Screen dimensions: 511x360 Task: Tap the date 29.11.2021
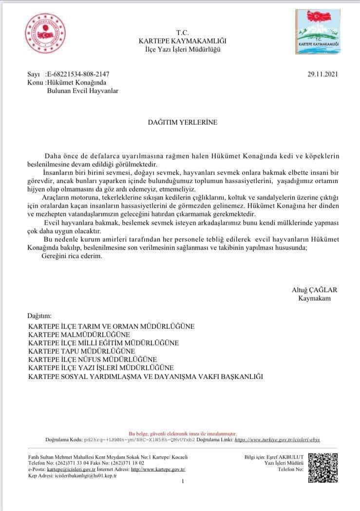point(322,75)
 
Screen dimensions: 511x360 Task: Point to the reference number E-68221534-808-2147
point(78,75)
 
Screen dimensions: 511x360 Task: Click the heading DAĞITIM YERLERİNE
point(182,122)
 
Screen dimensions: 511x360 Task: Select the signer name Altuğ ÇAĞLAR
point(314,290)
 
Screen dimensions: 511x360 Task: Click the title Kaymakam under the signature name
point(314,298)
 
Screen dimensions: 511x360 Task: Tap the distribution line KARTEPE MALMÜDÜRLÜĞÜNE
point(79,335)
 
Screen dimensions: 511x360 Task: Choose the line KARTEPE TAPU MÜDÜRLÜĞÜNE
point(81,351)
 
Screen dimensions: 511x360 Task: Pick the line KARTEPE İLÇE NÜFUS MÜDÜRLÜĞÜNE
point(93,359)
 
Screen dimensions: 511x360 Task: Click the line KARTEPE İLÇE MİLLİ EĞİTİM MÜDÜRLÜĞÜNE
point(103,343)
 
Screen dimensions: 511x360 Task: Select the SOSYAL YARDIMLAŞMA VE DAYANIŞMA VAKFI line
point(145,377)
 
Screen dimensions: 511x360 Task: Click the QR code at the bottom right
point(323,468)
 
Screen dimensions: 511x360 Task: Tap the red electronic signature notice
point(182,433)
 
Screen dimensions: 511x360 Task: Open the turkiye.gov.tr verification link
point(277,439)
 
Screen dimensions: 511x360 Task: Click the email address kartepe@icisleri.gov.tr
point(68,469)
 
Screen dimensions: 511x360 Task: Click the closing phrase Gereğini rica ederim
point(72,256)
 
